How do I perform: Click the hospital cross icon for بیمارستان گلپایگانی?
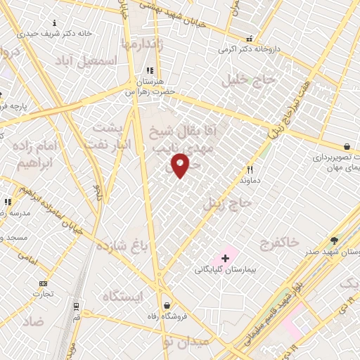click(x=225, y=259)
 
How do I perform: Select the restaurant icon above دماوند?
click(x=250, y=169)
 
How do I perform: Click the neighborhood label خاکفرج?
click(x=279, y=243)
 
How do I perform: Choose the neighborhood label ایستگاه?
click(x=122, y=296)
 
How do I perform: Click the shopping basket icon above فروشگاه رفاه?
click(x=167, y=305)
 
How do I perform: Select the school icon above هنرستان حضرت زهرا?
click(x=149, y=70)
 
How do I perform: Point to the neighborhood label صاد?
click(x=32, y=322)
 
